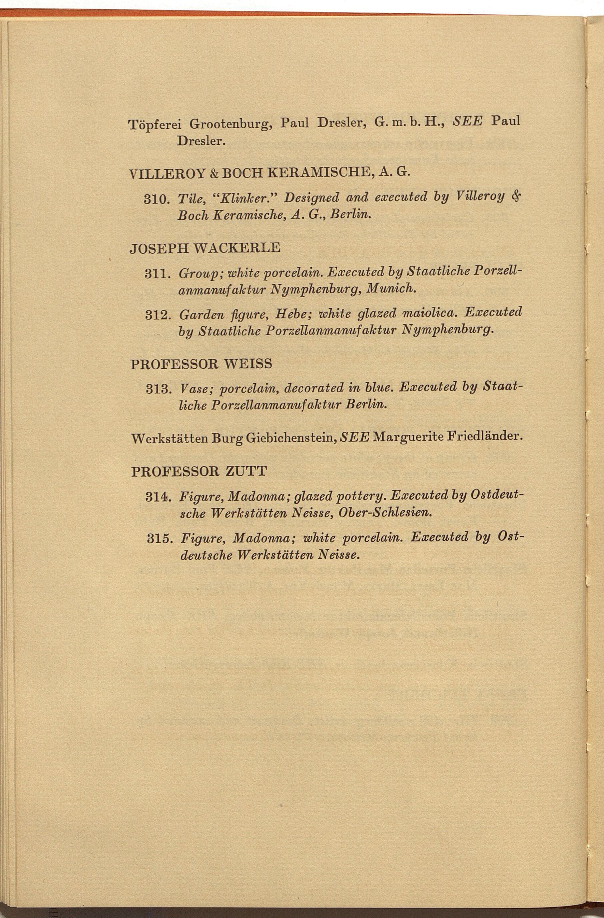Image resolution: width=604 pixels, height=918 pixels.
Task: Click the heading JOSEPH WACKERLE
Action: click(205, 248)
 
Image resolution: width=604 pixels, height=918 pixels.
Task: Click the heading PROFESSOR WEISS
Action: click(201, 364)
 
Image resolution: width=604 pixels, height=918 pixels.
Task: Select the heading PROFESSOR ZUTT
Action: click(199, 472)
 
